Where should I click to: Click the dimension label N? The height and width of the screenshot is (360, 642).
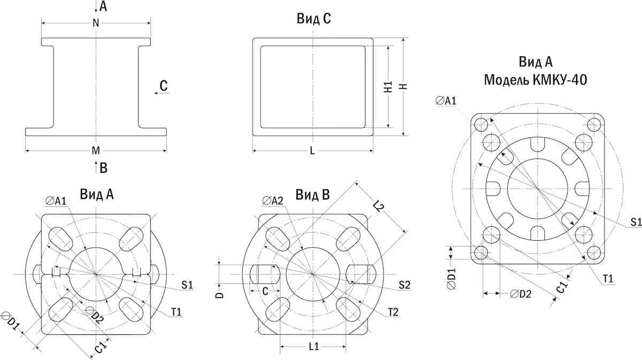(x=96, y=22)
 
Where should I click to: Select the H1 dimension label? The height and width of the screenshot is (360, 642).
(x=389, y=87)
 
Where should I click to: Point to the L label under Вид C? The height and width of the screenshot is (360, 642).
(x=312, y=150)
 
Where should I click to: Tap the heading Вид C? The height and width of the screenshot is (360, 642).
(x=314, y=19)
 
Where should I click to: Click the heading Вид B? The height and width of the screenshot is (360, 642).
(x=314, y=195)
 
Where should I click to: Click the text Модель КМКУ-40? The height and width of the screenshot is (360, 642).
(x=536, y=80)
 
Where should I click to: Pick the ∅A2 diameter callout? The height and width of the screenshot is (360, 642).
(x=273, y=201)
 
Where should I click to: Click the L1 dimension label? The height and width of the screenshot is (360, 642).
(x=314, y=347)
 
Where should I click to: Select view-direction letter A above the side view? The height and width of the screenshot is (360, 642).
(x=103, y=6)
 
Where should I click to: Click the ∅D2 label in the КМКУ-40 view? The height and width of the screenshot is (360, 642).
(x=520, y=294)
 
